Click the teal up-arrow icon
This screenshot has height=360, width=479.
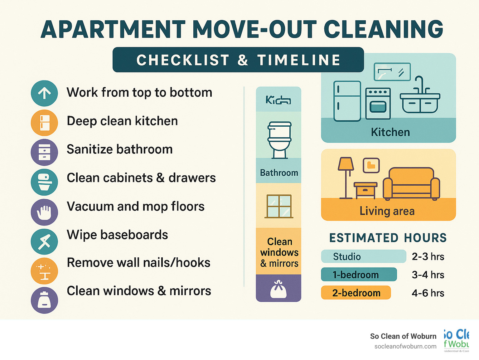44,93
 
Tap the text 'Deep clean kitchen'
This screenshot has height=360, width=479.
122,121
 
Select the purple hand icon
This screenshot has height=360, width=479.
44,212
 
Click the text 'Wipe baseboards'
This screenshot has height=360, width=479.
117,235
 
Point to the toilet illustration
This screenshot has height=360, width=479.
279,140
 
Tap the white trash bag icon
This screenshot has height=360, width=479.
278,289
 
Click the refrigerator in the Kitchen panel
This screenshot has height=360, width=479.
347,101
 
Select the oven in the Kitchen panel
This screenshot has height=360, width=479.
378,104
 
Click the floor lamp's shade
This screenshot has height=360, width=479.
346,164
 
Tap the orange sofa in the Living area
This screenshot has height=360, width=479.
411,184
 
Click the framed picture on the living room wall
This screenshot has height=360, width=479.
371,165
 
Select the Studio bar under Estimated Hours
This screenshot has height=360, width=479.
363,256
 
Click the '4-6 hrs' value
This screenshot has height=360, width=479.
428,293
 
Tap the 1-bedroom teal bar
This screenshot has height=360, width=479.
359,275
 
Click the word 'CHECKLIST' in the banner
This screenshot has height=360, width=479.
183,60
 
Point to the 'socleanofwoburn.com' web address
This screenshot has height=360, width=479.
405,346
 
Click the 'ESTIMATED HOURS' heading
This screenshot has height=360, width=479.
388,238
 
